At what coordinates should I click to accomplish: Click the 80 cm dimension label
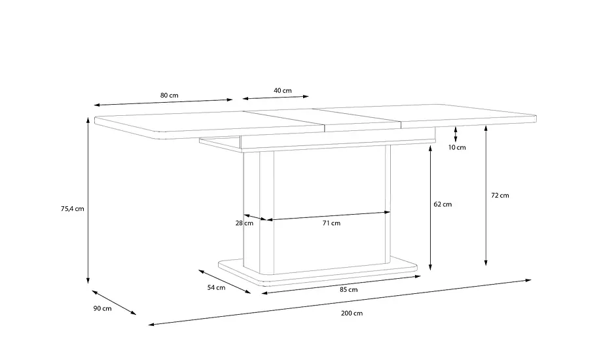[x=170, y=96]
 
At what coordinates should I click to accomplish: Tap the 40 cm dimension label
[x=283, y=90]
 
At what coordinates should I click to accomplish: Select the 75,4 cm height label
[x=73, y=209]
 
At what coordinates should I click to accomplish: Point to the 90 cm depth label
[x=102, y=308]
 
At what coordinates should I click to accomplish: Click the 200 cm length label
[x=352, y=314]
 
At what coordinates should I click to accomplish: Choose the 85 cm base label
[x=349, y=290]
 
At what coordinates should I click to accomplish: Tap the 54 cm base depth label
[x=216, y=288]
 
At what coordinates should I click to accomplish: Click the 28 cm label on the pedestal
[x=244, y=223]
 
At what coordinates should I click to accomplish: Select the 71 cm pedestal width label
[x=331, y=223]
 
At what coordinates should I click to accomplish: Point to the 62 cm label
[x=443, y=205]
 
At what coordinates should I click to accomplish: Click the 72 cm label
[x=500, y=196]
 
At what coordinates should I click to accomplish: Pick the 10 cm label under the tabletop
[x=458, y=147]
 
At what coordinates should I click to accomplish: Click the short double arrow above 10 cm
[x=456, y=134]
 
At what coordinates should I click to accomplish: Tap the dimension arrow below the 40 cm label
[x=276, y=98]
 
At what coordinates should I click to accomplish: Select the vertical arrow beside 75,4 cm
[x=88, y=200]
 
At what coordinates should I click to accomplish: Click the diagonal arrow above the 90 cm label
[x=114, y=303]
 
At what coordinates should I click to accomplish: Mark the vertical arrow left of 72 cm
[x=486, y=196]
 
